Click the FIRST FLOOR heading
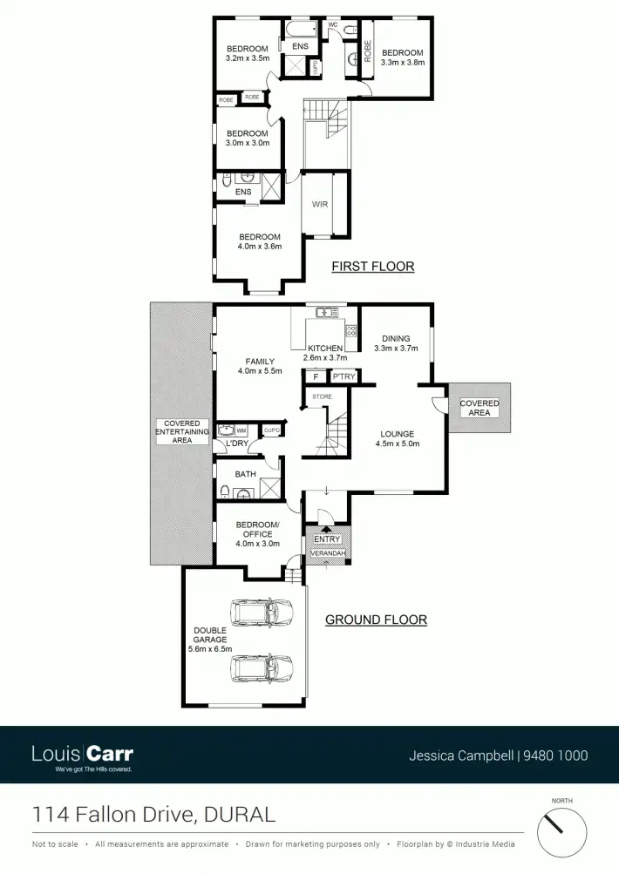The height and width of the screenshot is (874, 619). tap(372, 267)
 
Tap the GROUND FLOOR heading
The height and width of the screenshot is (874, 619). tap(376, 620)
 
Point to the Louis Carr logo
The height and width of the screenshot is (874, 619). tap(82, 755)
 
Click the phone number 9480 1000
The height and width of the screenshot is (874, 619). tap(555, 756)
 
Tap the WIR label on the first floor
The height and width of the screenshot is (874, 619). tap(320, 205)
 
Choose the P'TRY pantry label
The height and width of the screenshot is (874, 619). tap(342, 377)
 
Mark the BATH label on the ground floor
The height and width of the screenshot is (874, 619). tap(245, 474)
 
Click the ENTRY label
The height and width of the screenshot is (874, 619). tap(327, 539)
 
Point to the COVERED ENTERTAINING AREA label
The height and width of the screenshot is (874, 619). tap(182, 432)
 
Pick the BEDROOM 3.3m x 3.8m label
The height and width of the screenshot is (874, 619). tap(402, 58)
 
